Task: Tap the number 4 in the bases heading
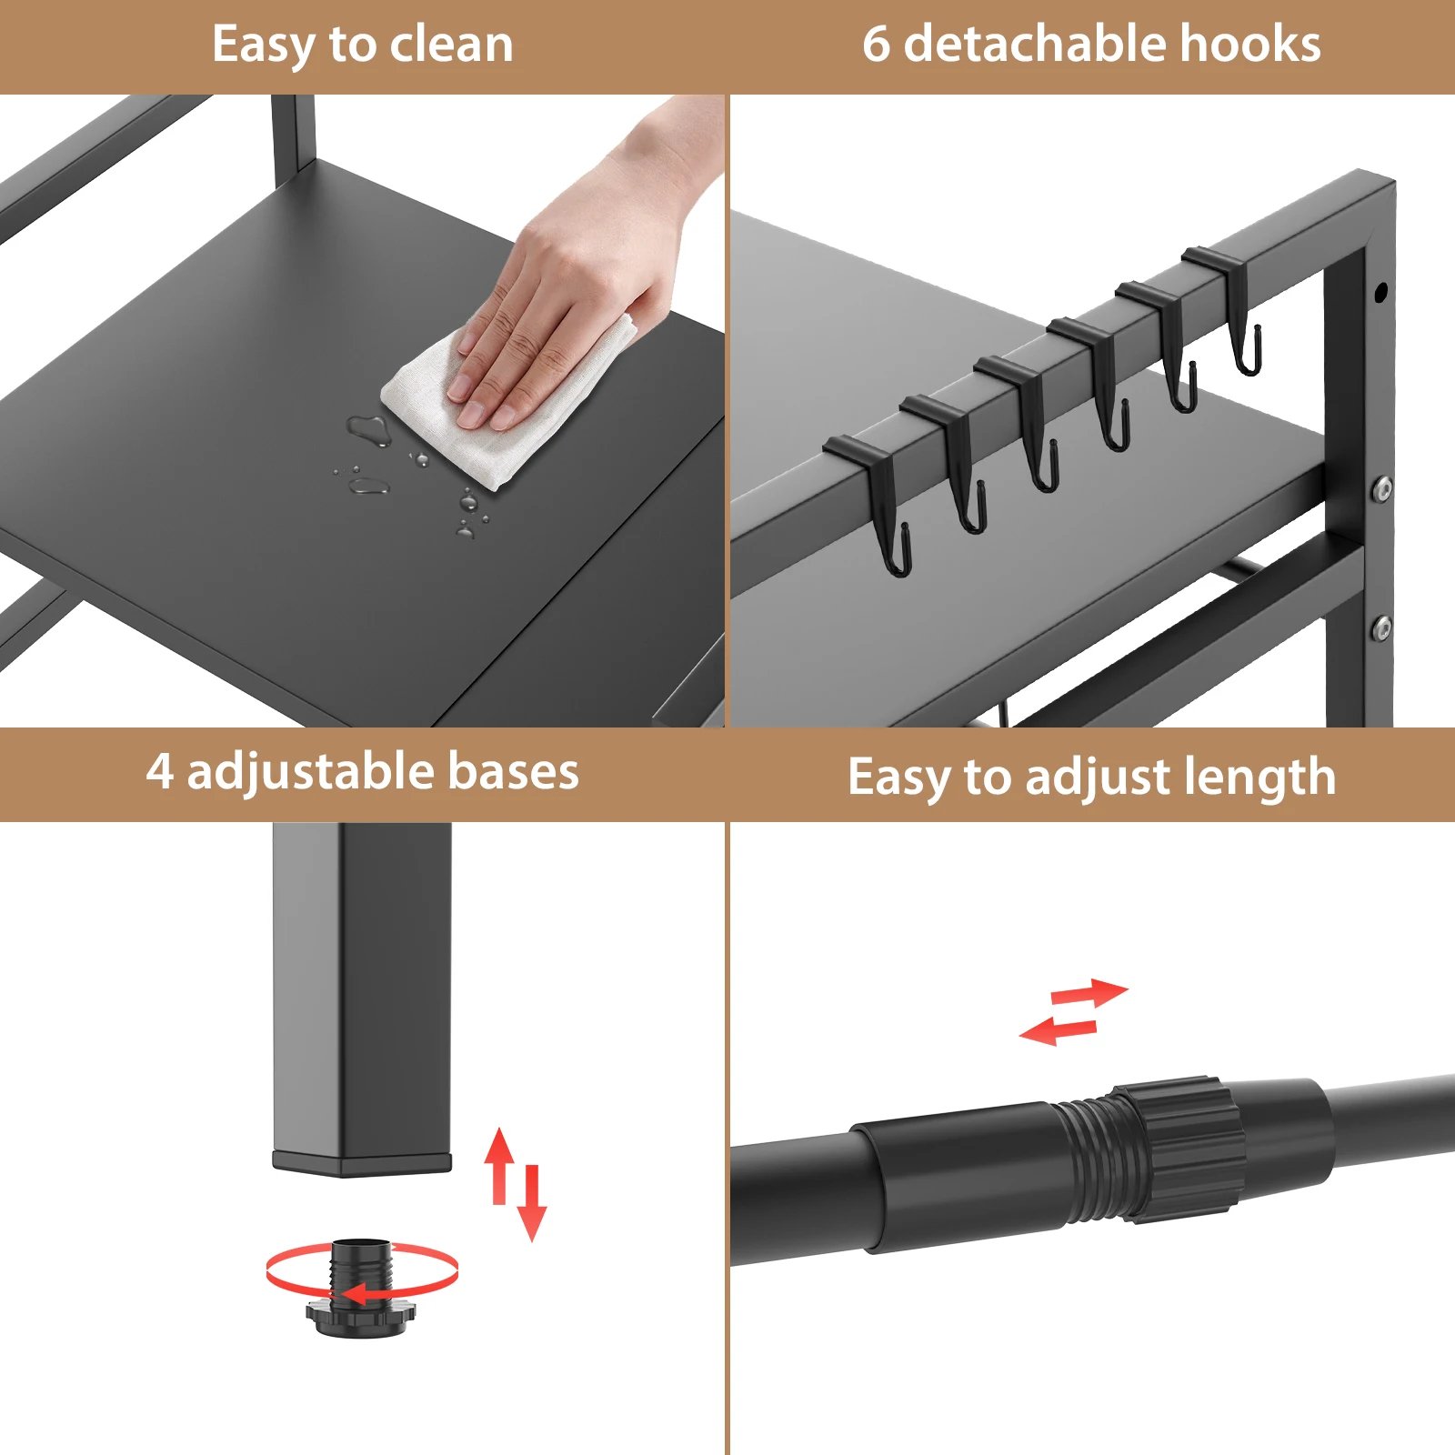(159, 772)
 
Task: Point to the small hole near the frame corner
(1380, 293)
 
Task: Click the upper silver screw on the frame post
(1382, 488)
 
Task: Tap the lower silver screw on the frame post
(1382, 627)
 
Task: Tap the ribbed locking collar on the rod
(1182, 1148)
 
